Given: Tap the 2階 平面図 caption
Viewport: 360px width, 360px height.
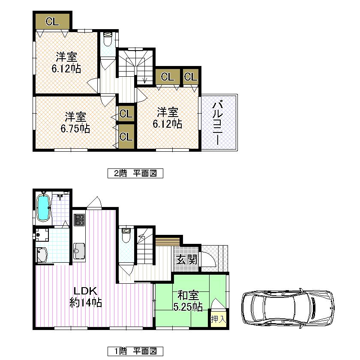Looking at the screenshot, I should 135,174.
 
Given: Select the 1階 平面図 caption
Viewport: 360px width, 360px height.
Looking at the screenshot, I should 135,351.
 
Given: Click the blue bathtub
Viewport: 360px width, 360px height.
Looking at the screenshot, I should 43,207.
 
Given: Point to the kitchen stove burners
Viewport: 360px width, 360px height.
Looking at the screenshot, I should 79,220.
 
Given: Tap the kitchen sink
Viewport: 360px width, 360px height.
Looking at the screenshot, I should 79,249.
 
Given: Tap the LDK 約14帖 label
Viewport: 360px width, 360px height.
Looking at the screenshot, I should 85,296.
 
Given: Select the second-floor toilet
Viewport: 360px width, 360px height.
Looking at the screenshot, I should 107,39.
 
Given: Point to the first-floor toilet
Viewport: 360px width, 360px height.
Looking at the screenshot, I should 126,235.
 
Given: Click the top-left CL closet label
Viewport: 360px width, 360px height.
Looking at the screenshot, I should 53,21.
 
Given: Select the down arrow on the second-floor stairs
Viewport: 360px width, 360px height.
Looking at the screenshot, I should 144,78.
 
